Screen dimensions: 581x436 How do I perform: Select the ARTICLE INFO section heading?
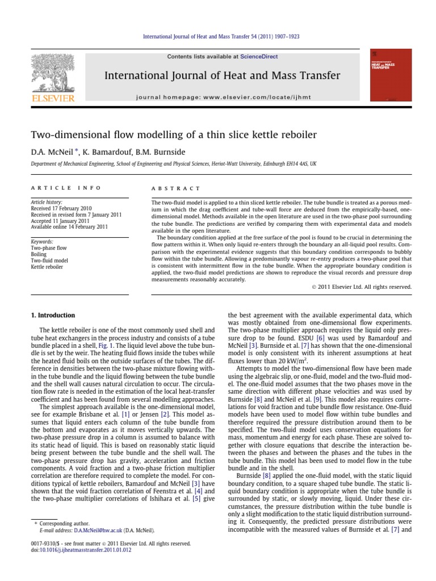pos(66,188)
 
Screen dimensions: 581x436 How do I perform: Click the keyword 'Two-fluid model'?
pos(51,260)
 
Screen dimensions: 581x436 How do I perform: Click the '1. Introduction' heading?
pos(52,315)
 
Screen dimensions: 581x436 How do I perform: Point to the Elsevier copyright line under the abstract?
pos(362,287)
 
